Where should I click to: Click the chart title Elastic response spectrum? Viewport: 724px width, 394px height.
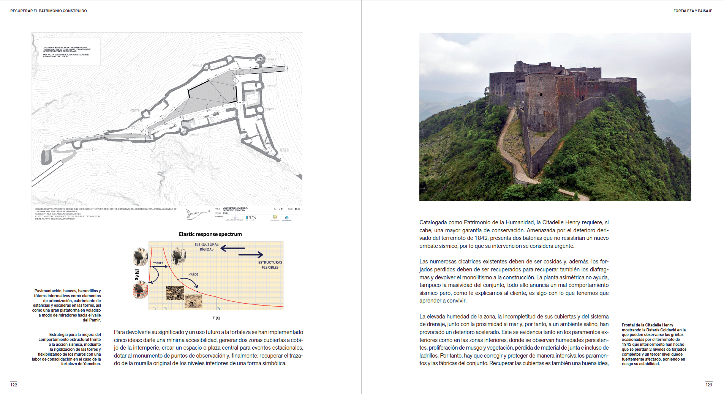tap(210, 234)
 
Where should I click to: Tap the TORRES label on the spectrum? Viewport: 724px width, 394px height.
tap(158, 263)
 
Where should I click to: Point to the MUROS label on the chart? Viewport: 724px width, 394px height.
tap(193, 274)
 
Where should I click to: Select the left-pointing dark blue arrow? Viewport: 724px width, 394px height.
tap(232, 248)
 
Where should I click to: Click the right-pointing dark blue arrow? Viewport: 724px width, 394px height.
tap(251, 254)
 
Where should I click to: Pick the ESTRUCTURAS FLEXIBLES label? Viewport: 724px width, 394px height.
tap(270, 265)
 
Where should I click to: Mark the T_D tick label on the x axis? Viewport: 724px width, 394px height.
tap(219, 309)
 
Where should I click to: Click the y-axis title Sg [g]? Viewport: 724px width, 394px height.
tap(137, 274)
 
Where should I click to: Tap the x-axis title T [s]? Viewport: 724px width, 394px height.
tap(216, 318)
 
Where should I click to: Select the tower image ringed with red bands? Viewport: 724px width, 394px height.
tap(140, 290)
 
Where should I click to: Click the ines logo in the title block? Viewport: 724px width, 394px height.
tap(251, 217)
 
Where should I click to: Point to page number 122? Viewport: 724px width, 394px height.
tap(14, 385)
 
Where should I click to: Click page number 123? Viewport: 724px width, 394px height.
tap(709, 385)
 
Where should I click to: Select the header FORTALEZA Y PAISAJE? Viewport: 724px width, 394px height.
tap(692, 11)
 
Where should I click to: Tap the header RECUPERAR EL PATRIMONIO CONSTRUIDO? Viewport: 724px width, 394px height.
tap(49, 11)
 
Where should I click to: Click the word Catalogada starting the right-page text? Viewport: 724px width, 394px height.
tap(433, 222)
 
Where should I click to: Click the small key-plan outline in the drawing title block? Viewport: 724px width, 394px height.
tap(196, 214)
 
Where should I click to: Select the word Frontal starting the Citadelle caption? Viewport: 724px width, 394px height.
tap(628, 325)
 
